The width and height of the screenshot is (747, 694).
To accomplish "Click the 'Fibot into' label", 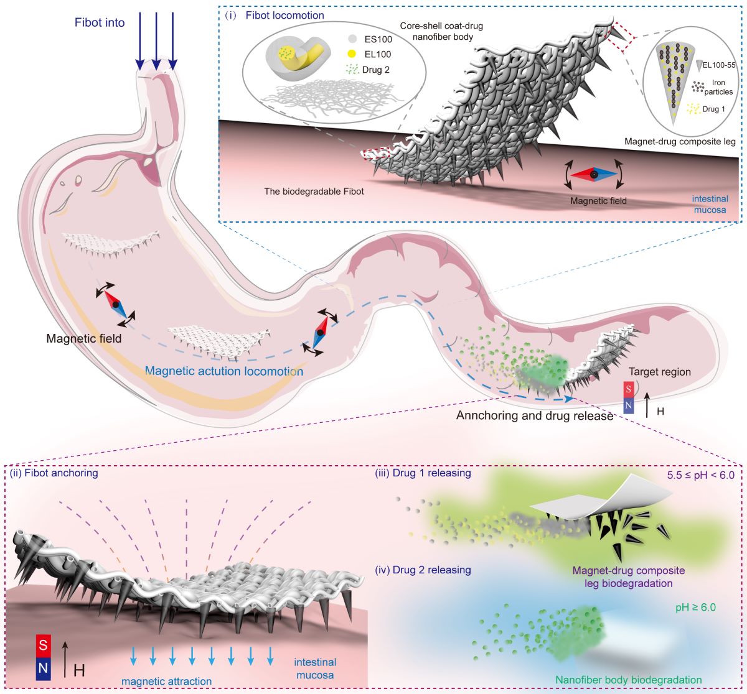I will pyautogui.click(x=98, y=23).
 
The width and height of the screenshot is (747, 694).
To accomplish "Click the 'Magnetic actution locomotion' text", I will pyautogui.click(x=224, y=371).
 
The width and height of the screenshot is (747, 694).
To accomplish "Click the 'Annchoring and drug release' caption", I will pyautogui.click(x=535, y=415).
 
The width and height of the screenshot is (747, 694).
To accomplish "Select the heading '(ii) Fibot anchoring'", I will pyautogui.click(x=54, y=473).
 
